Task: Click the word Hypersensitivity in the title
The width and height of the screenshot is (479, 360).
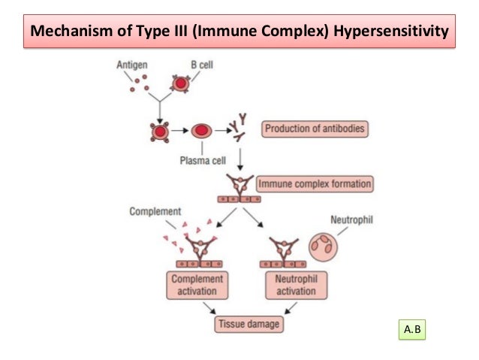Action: click(x=391, y=33)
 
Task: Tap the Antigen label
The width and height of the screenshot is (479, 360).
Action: click(x=132, y=66)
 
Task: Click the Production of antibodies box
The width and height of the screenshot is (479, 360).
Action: click(x=315, y=129)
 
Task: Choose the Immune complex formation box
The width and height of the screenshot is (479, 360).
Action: click(x=315, y=183)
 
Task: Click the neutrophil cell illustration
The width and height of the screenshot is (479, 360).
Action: click(x=324, y=244)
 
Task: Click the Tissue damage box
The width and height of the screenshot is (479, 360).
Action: click(x=243, y=325)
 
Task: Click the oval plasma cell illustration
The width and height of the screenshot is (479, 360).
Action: click(x=200, y=131)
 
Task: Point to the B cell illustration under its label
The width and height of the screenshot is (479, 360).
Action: click(x=180, y=83)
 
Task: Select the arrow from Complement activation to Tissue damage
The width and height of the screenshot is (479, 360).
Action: click(x=212, y=308)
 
